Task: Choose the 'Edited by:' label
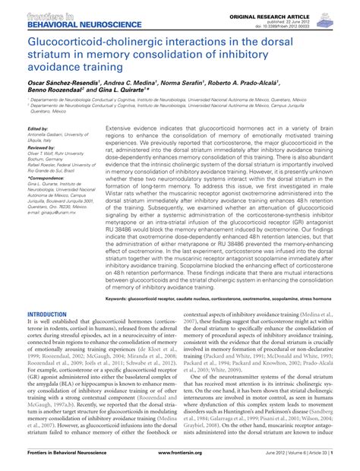click(x=38, y=130)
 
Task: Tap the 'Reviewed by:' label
click(x=41, y=150)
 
